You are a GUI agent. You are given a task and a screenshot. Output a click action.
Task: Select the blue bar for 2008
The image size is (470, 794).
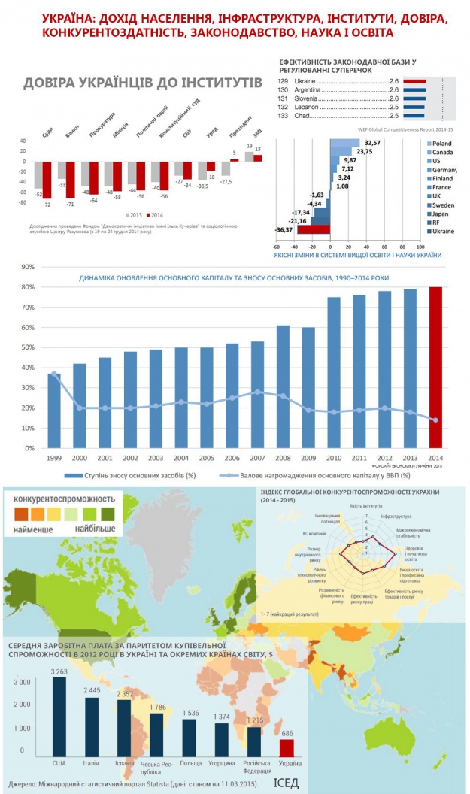tap(283, 386)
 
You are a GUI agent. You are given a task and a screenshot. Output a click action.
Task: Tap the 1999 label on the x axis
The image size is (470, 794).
tap(53, 459)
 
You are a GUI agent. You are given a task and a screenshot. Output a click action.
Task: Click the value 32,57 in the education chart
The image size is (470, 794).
tap(372, 143)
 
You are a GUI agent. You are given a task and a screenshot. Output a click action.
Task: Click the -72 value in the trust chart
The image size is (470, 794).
tap(46, 205)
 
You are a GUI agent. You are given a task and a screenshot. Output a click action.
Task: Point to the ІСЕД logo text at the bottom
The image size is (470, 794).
tap(286, 783)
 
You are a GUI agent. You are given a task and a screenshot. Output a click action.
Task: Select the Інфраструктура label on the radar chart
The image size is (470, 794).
tap(398, 517)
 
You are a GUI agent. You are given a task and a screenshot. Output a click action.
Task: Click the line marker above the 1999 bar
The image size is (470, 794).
tap(53, 374)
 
